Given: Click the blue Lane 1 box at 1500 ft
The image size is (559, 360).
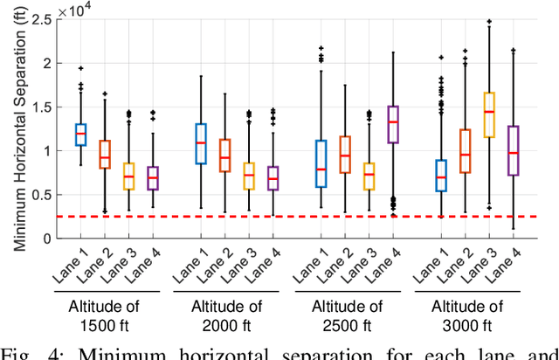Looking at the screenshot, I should [106, 134].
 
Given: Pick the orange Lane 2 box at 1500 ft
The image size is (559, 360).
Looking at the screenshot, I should [129, 155].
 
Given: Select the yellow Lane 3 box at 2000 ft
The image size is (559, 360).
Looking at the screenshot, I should [249, 176].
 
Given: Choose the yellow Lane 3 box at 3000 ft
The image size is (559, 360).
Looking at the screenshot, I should [489, 114].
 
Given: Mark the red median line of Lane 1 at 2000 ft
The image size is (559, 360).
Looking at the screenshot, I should [201, 143].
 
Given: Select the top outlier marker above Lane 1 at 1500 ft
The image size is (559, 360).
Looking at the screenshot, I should [106, 68].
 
